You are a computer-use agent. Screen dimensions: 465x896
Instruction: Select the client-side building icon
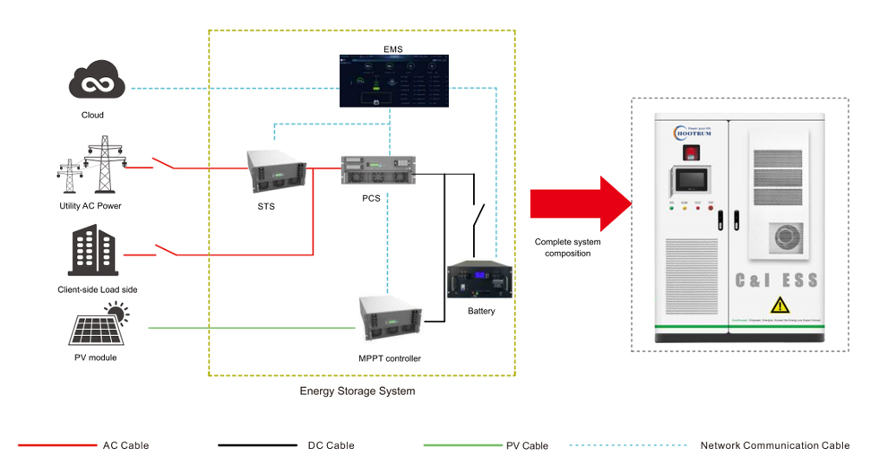[x=93, y=252]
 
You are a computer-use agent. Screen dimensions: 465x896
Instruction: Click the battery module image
[x=481, y=280]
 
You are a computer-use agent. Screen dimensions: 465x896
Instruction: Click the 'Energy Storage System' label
[x=357, y=392]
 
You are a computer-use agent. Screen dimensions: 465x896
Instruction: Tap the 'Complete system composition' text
[x=567, y=247]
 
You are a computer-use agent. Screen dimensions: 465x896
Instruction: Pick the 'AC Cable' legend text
[x=126, y=445]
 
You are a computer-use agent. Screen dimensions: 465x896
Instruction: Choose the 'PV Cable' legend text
[x=528, y=445]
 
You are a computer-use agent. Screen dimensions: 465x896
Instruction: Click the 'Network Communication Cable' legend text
[x=774, y=445]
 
